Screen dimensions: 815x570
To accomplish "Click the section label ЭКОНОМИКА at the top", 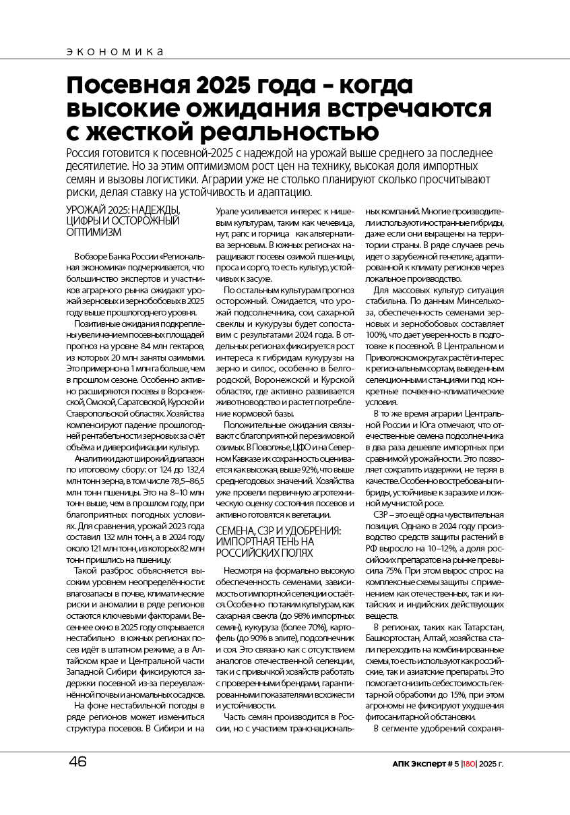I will click(115, 52).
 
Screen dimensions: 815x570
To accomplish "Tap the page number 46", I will click(78, 762).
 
